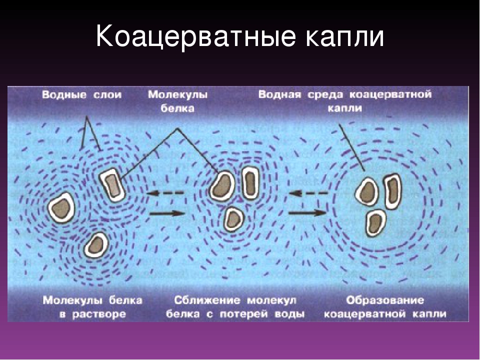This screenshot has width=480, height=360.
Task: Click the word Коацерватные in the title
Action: tap(196, 36)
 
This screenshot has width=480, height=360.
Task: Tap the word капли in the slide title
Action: tap(344, 37)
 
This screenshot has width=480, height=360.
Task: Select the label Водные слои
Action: tap(81, 94)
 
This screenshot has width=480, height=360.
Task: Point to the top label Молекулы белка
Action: tap(178, 101)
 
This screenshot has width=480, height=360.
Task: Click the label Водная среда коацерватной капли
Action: tap(344, 101)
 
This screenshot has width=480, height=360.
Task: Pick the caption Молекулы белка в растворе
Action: tap(92, 307)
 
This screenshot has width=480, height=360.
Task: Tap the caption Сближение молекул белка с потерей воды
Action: tap(235, 307)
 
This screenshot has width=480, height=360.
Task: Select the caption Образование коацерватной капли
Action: tap(385, 307)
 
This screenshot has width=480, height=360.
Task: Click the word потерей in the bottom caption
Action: tap(246, 314)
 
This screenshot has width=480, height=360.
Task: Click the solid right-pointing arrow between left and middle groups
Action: tap(167, 213)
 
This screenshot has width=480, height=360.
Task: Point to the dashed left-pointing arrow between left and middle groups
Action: tap(165, 193)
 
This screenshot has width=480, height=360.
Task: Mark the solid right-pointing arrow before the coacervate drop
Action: tap(307, 212)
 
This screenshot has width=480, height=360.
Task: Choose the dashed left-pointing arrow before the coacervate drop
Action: tap(308, 193)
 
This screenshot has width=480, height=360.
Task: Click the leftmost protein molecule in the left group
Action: tap(61, 207)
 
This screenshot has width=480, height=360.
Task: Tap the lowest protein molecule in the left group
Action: tap(96, 245)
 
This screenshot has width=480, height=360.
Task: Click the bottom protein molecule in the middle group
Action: tap(233, 219)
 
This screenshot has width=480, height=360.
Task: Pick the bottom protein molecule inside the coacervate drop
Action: tap(375, 223)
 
